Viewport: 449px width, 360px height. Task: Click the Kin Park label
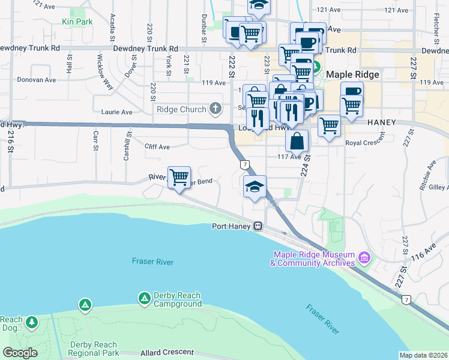pos(77,22)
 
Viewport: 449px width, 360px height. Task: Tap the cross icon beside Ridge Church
pos(216,109)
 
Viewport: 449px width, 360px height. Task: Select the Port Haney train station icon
pos(258,226)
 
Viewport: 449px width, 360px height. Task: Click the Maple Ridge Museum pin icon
pos(364,259)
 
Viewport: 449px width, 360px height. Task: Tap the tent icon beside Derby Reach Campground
pos(144,298)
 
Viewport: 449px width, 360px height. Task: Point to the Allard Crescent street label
pos(167,352)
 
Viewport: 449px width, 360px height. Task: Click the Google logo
pos(20,353)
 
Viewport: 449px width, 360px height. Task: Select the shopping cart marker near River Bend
pos(179,178)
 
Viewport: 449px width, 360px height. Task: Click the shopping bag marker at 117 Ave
pos(297,142)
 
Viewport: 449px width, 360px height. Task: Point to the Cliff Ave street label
pos(157,146)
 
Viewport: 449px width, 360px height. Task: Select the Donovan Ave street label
pos(36,79)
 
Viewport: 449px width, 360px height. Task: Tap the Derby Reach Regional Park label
pos(92,349)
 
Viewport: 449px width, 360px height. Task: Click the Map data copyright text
pos(424,355)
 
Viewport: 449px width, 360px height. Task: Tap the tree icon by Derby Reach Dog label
pos(31,323)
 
